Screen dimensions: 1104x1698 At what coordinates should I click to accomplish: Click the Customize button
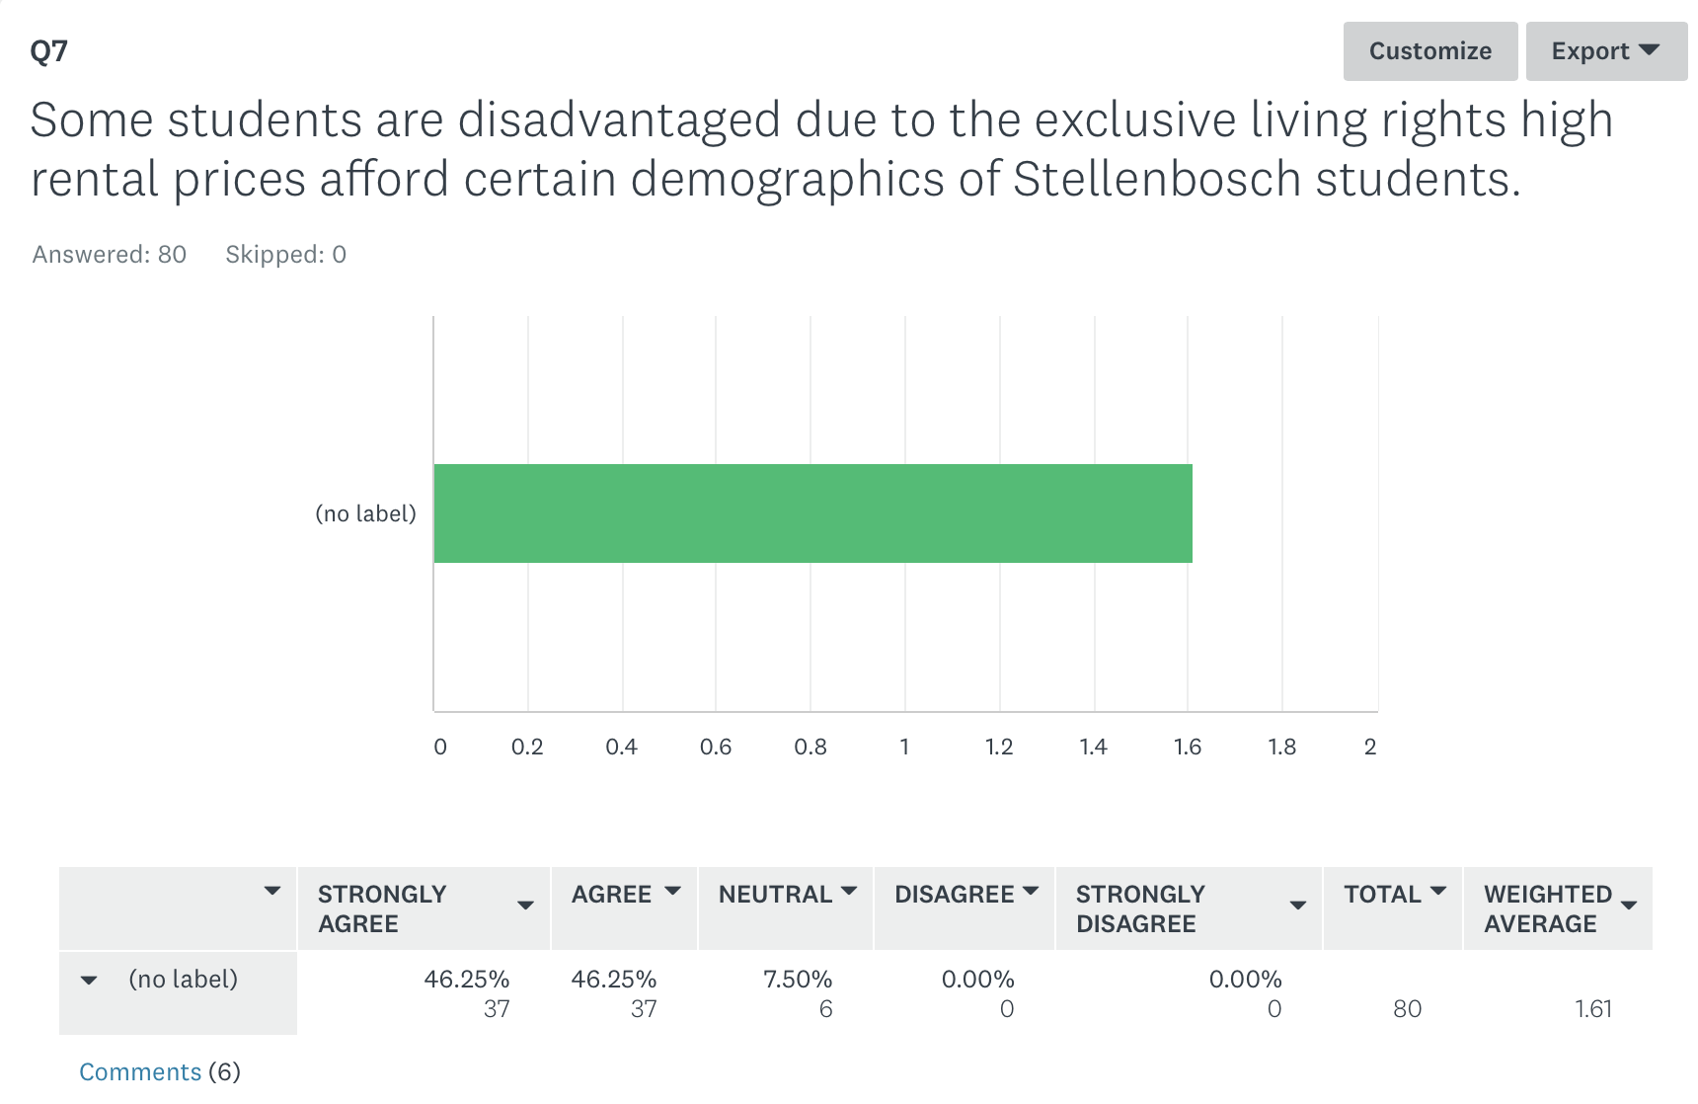coord(1429,51)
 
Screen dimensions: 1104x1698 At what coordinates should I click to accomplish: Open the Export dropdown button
coord(1605,51)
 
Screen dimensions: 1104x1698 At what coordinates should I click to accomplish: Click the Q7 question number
coord(48,50)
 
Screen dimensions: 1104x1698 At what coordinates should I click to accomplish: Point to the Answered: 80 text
coord(110,255)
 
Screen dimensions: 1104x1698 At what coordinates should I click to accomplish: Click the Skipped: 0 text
coord(285,255)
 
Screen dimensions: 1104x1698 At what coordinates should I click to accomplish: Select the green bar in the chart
coord(812,513)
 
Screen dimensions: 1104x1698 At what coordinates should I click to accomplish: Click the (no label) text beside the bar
coord(365,513)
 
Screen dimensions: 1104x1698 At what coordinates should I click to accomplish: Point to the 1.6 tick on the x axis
coord(1188,747)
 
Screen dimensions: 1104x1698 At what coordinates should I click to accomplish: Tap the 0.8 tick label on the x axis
coord(810,747)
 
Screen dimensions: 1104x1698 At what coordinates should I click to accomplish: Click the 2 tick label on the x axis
coord(1370,747)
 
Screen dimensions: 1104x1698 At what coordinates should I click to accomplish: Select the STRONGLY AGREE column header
coord(382,908)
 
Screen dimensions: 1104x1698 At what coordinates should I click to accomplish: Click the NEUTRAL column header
coord(775,895)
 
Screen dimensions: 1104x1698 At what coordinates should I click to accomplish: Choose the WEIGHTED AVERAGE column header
coord(1547,908)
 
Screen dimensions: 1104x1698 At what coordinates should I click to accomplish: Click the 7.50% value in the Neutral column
coord(797,980)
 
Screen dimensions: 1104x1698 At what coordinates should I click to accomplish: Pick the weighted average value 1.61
coord(1593,1009)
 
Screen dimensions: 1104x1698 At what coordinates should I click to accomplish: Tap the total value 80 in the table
coord(1407,1009)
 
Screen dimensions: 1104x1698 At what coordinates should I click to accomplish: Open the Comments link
coord(140,1071)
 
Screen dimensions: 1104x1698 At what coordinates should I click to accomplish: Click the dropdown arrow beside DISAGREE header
coord(1031,892)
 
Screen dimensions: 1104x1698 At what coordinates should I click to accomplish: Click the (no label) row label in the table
coord(184,980)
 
